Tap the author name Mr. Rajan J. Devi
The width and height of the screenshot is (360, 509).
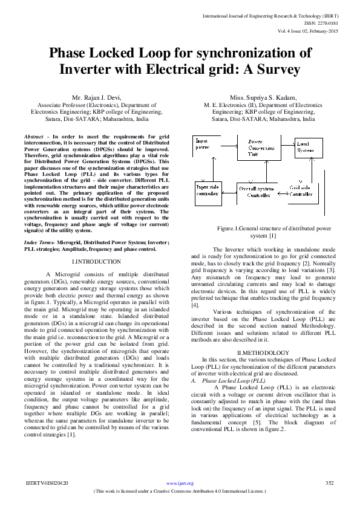tap(97, 97)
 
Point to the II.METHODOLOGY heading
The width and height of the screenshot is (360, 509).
tap(263, 352)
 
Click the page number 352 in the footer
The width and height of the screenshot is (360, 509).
tap(330, 483)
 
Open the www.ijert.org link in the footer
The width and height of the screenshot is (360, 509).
tap(180, 484)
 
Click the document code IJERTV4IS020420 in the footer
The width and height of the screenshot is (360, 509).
tap(47, 483)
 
